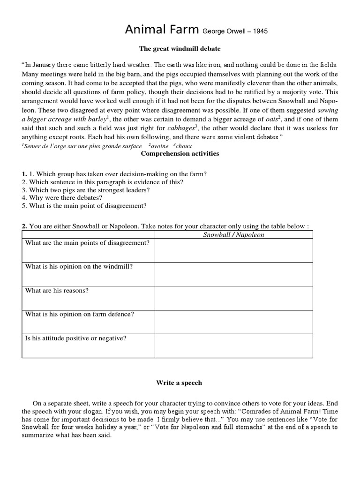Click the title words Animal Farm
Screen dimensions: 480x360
[162, 30]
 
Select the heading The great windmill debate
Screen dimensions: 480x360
[180, 48]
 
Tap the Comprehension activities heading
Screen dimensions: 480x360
[180, 153]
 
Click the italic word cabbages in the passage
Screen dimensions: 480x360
[180, 128]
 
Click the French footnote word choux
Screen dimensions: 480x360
[183, 146]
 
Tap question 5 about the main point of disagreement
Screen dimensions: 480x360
[84, 205]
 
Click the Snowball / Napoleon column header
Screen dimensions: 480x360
[233, 234]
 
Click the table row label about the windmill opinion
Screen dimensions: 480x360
[79, 266]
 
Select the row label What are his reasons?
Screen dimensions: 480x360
[57, 290]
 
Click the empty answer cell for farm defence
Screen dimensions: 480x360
[233, 322]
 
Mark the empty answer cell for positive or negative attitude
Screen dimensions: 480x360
[233, 346]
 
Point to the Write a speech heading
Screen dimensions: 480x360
[179, 382]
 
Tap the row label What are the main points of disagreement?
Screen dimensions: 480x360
[87, 242]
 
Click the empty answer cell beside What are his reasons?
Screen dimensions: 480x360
[233, 298]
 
